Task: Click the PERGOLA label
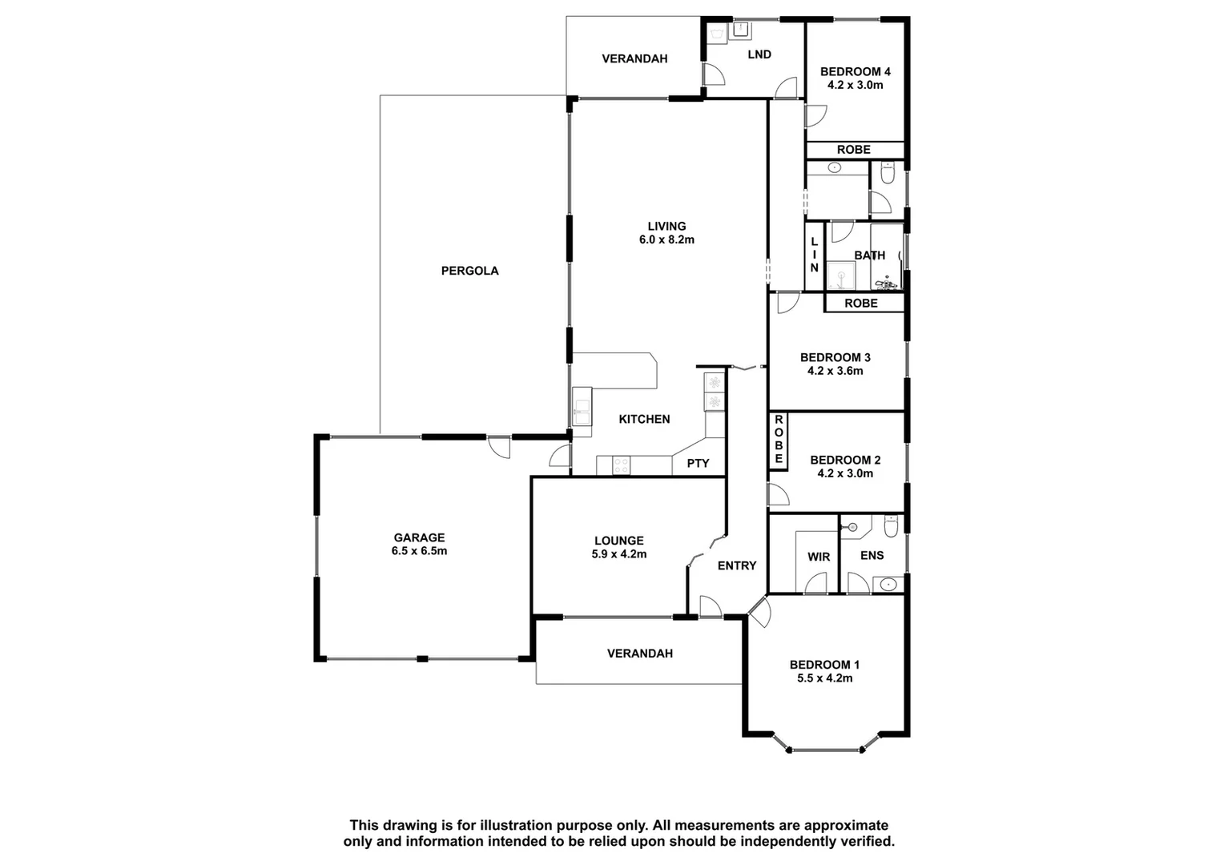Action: [x=469, y=271]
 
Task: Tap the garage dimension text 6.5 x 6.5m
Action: [x=419, y=551]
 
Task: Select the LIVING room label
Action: [x=666, y=226]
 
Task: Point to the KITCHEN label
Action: [x=644, y=419]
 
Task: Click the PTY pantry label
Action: [x=698, y=463]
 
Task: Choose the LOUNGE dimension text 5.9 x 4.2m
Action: [x=618, y=553]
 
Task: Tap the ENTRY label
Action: [x=736, y=565]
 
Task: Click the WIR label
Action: [x=818, y=557]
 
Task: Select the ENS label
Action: [x=872, y=556]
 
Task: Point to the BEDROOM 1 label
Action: [x=824, y=664]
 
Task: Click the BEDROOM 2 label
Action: [x=845, y=460]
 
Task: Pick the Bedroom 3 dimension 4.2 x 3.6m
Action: [x=835, y=371]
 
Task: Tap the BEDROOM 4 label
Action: [x=855, y=71]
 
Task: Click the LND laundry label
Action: [x=759, y=54]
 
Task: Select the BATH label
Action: [x=869, y=255]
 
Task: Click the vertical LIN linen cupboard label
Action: [x=814, y=255]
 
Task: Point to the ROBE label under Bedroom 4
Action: [x=853, y=150]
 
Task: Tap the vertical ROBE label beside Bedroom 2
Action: [x=778, y=440]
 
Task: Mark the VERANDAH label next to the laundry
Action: [x=634, y=58]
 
